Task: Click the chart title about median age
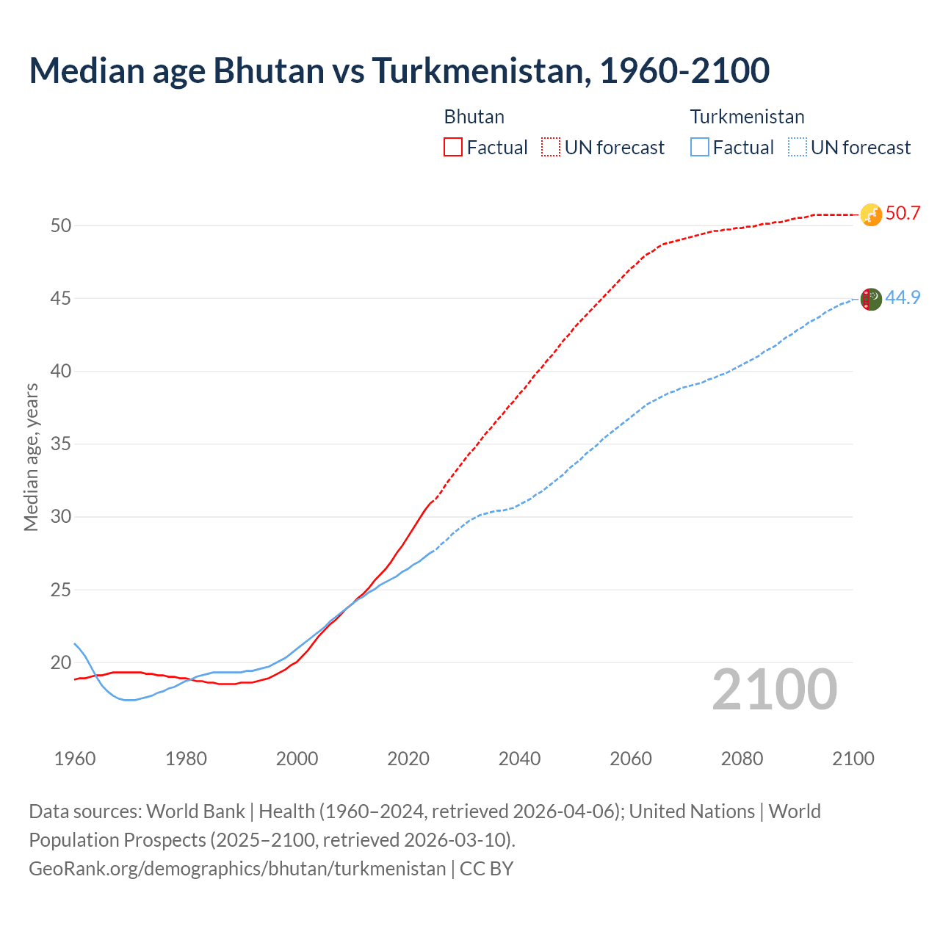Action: (399, 70)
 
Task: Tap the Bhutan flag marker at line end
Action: (871, 214)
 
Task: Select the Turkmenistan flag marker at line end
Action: (871, 299)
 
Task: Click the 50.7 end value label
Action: (903, 214)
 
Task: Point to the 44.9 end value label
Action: (903, 298)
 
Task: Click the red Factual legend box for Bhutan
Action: (453, 148)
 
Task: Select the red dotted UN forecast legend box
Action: (551, 148)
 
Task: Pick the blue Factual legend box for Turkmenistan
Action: (700, 148)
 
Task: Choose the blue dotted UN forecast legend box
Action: (797, 148)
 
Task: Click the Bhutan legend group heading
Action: (474, 117)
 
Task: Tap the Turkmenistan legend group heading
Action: (747, 117)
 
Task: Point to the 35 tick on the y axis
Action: (61, 444)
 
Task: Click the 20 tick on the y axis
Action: (61, 663)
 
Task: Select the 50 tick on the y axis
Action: (61, 226)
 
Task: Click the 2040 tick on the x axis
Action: (519, 759)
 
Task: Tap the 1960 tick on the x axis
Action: (75, 759)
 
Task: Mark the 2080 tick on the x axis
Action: (742, 759)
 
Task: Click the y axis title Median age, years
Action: (31, 457)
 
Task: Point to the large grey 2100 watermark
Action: (774, 690)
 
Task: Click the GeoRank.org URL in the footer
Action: (237, 869)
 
